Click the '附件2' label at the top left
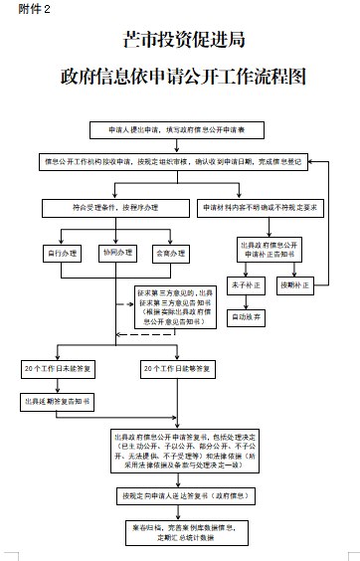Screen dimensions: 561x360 point(19,9)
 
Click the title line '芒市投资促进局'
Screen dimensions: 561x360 point(181,41)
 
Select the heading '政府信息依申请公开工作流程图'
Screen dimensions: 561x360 point(181,77)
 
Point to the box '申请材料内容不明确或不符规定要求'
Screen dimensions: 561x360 point(260,208)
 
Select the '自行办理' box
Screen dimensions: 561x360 point(63,255)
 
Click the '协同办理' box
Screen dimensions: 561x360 point(116,255)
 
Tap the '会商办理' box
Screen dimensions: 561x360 point(170,255)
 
